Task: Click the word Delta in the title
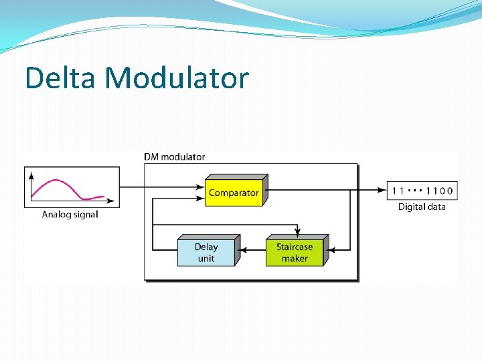(62, 78)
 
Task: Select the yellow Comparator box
(234, 193)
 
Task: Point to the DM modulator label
(175, 157)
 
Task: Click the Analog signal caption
(70, 215)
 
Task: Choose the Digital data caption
(422, 207)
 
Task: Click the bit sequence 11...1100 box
(422, 191)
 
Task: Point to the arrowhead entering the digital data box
(384, 190)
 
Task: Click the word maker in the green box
(295, 259)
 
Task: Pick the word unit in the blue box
(206, 259)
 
